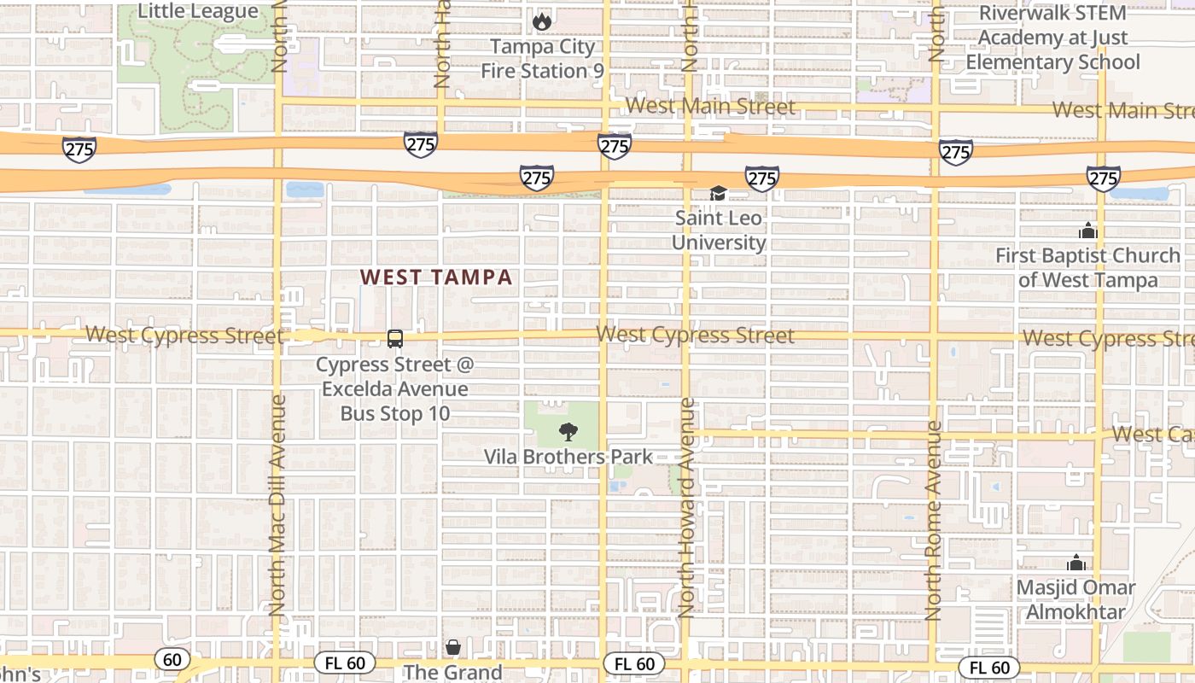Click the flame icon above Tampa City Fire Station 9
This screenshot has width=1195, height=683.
[x=542, y=21]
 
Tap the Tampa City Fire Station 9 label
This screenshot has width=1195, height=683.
[x=542, y=58]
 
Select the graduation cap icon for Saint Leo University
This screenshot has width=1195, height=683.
[x=718, y=194]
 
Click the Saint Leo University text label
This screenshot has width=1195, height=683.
[x=718, y=230]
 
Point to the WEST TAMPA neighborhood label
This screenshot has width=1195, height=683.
[x=436, y=277]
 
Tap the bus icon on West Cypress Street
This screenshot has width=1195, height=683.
[x=395, y=339]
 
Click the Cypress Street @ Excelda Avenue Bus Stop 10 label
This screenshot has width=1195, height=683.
[x=394, y=389]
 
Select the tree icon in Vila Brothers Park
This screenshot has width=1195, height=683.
[x=568, y=432]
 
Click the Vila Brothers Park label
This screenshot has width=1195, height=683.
[x=568, y=457]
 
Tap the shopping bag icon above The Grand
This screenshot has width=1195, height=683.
[x=453, y=648]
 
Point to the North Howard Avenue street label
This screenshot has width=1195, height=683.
[x=688, y=508]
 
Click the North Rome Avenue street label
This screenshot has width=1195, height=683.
[x=934, y=521]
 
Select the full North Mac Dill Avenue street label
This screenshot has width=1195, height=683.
[x=277, y=504]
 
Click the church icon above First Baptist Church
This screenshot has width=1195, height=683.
[x=1087, y=231]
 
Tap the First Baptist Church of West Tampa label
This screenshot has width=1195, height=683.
[x=1087, y=267]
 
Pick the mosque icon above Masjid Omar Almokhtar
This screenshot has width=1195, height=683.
[x=1075, y=563]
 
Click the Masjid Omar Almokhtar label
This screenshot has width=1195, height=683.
[x=1075, y=600]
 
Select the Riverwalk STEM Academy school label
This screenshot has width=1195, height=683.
[x=1052, y=38]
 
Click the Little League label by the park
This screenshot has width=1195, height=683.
[x=197, y=11]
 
